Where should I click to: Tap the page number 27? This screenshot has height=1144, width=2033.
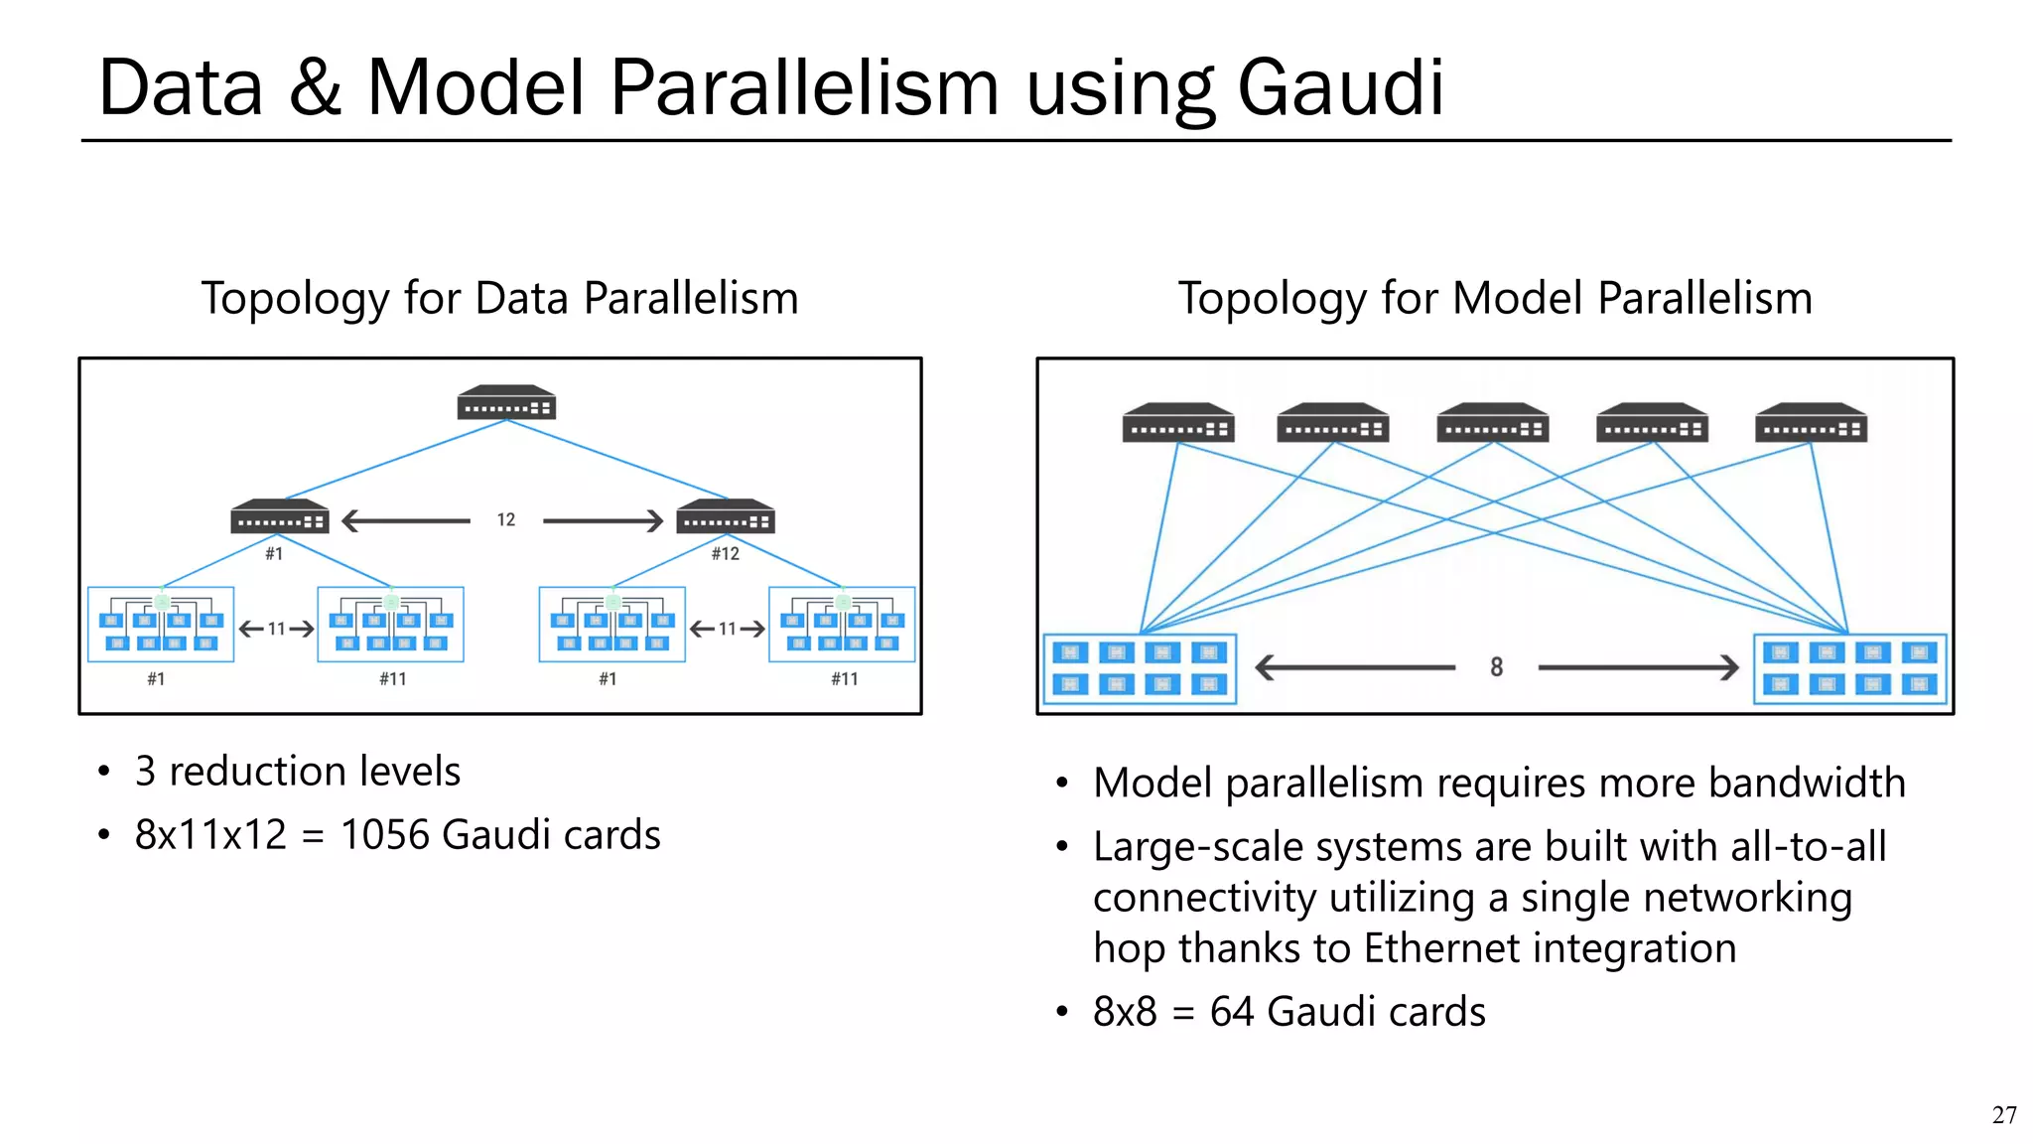(x=2003, y=1115)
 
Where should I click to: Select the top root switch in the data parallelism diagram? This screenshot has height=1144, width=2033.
(x=505, y=402)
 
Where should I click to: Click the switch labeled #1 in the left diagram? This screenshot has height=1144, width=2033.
(x=279, y=516)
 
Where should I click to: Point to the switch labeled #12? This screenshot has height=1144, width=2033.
(x=725, y=516)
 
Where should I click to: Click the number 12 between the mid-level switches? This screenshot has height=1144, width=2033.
(x=506, y=519)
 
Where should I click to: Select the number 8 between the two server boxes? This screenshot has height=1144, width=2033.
(x=1496, y=667)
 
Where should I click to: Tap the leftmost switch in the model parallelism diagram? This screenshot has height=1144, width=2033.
(x=1178, y=423)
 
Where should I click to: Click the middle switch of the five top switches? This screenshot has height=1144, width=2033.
(x=1492, y=423)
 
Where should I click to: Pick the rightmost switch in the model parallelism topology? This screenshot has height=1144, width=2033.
(x=1811, y=423)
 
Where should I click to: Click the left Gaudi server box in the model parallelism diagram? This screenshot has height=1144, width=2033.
(x=1140, y=668)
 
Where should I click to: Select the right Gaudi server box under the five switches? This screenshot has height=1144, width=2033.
(x=1849, y=668)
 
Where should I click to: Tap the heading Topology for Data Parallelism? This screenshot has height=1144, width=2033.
(x=499, y=298)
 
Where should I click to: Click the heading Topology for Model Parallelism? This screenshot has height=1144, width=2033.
(x=1495, y=298)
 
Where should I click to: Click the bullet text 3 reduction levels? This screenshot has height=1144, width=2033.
(x=298, y=772)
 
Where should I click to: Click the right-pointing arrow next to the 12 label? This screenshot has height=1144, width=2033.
(x=603, y=520)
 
